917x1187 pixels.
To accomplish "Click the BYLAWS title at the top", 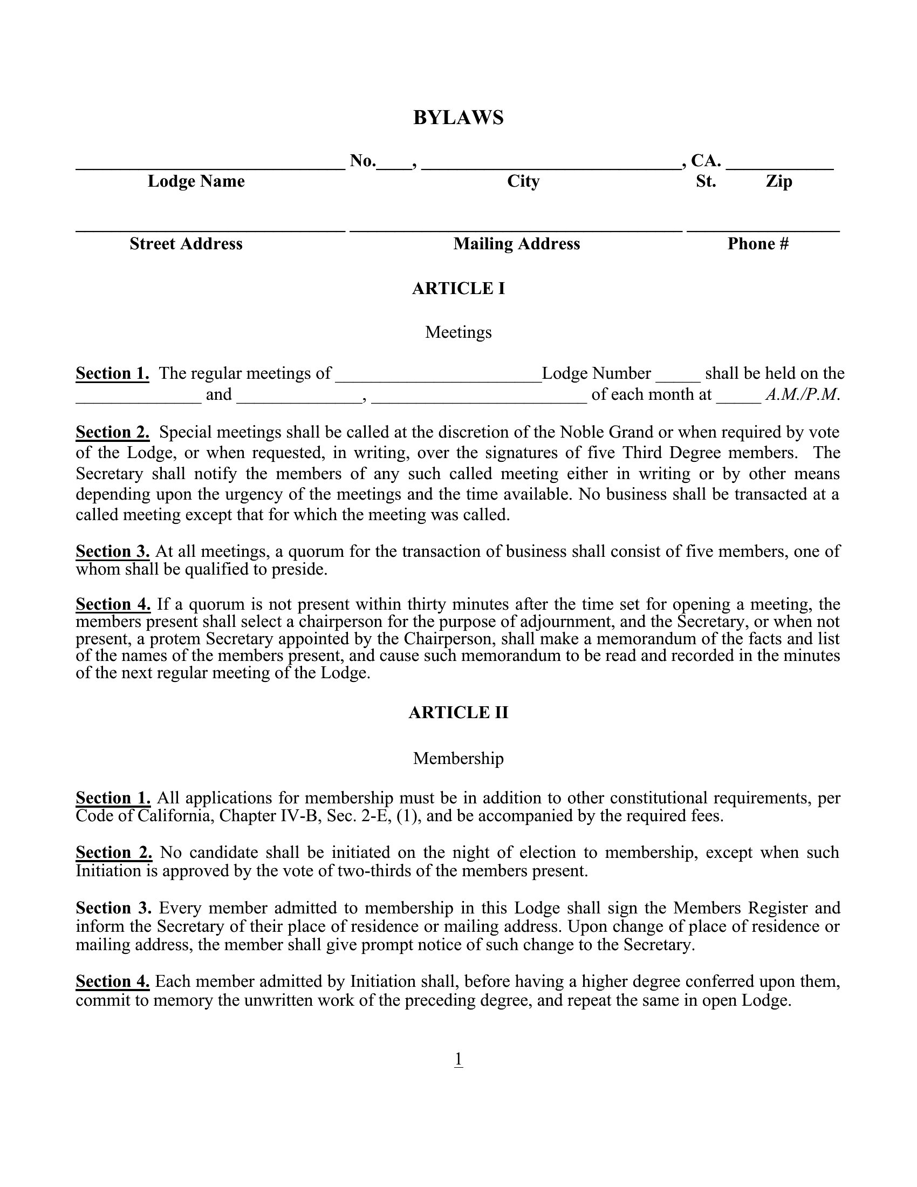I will coord(458,118).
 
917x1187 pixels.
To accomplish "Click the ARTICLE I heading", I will coord(458,289).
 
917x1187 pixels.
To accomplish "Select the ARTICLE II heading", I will coord(458,713).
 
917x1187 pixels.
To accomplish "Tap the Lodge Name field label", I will coord(196,181).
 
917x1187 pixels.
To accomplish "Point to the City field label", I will coord(523,181).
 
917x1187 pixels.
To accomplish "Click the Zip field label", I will coord(779,181).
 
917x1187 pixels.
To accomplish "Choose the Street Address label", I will coord(186,244).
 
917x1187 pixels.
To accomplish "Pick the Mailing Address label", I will coord(517,244).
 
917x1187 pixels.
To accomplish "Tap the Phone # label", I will coord(758,244).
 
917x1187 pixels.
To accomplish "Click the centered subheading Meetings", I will coord(458,332).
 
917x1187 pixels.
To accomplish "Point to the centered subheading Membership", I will coord(458,758).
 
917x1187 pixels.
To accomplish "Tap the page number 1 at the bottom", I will coord(458,1059).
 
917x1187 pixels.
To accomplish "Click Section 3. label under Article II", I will coord(113,908).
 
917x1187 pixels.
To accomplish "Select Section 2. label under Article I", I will coord(112,432).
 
